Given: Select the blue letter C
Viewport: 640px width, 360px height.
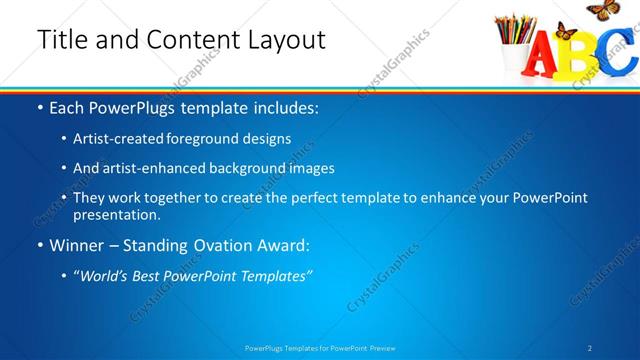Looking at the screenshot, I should point(622,55).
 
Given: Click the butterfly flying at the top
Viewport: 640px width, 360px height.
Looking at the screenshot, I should point(601,10).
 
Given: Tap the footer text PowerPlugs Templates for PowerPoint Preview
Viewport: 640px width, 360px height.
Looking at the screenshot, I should point(320,348).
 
